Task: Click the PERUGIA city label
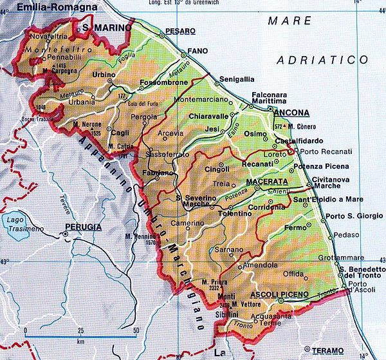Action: [82, 227]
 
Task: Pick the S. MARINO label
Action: [103, 28]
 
